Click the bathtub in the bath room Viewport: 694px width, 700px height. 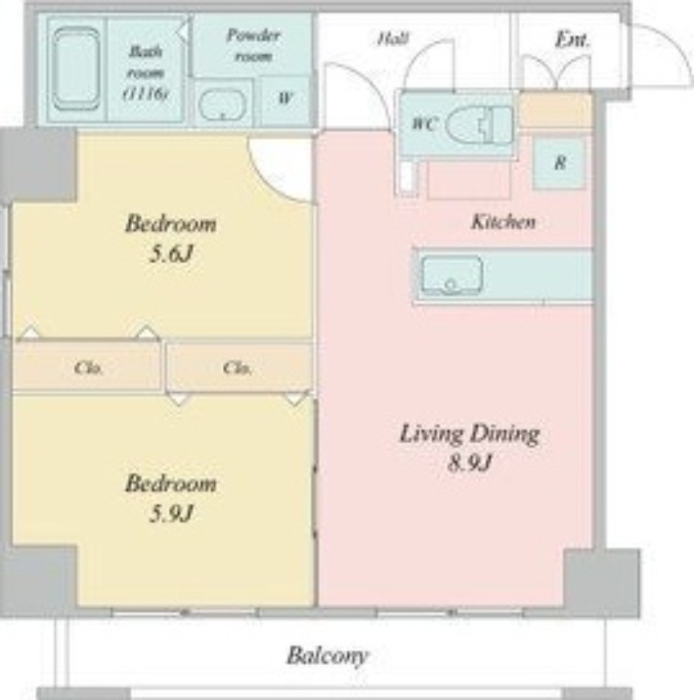coord(76,68)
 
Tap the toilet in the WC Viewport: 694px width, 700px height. coord(480,124)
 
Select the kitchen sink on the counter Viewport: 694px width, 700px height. coord(452,275)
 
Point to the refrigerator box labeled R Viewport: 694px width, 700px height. coord(559,163)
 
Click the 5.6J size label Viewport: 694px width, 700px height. coord(170,255)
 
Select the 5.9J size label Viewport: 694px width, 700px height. coord(170,514)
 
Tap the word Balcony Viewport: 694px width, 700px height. coord(327,656)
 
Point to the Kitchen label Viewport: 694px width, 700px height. coord(503,221)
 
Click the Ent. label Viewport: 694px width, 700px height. coord(573,40)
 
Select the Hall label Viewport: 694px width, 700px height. coord(393,38)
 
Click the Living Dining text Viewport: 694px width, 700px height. coord(469,434)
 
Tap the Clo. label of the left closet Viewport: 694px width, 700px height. coord(88,367)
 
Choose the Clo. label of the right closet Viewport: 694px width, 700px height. coord(237,367)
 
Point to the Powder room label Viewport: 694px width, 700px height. coord(253,45)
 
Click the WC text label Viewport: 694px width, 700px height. coord(424,123)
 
